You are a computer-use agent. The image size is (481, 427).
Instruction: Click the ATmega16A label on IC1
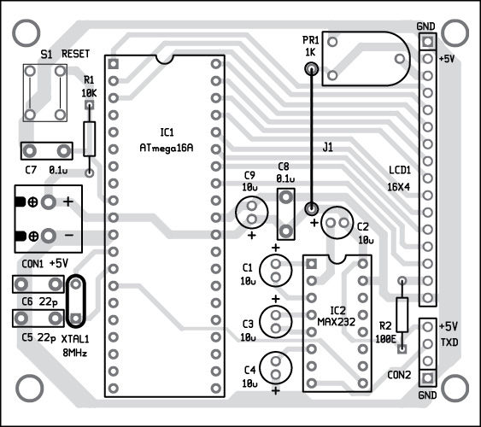point(167,148)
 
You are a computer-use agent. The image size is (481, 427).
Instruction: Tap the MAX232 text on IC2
point(337,322)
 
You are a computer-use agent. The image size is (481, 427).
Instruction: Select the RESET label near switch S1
point(75,54)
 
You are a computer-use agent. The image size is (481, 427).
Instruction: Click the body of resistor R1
point(89,139)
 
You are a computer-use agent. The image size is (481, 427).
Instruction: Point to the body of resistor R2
point(402,314)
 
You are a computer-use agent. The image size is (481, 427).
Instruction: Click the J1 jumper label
point(327,148)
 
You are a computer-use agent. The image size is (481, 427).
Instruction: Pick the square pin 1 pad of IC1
point(113,64)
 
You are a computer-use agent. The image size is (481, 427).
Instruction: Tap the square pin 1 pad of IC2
point(311,264)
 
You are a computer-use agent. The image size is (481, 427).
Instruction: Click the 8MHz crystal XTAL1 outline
point(67,301)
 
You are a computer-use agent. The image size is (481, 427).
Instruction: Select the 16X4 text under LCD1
point(398,187)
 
